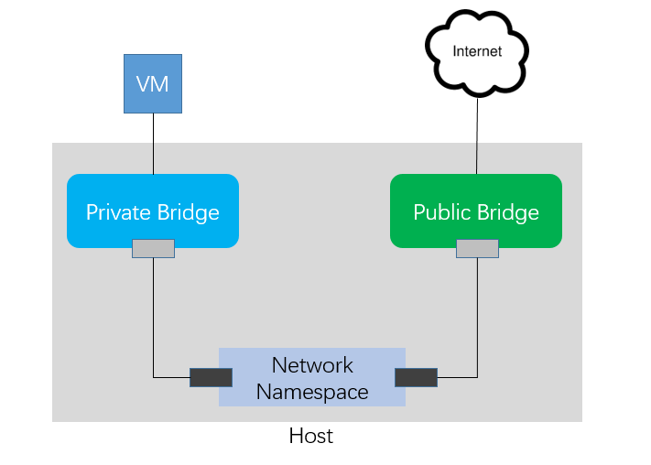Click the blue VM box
tap(153, 83)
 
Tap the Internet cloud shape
tap(477, 53)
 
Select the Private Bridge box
tap(153, 211)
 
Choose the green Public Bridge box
tap(476, 211)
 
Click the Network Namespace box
tap(312, 377)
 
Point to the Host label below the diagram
tap(311, 436)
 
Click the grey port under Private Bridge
tap(153, 248)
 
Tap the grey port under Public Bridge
tap(477, 248)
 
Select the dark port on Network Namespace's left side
tap(211, 377)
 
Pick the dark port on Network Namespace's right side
tap(416, 377)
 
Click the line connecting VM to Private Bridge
tap(153, 144)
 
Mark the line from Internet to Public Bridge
tap(477, 136)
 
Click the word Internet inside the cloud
tap(477, 51)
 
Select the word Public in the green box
tap(442, 212)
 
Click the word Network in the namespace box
tap(312, 365)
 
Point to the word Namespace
tap(312, 393)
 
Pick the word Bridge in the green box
tap(508, 212)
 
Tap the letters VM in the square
tap(152, 84)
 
